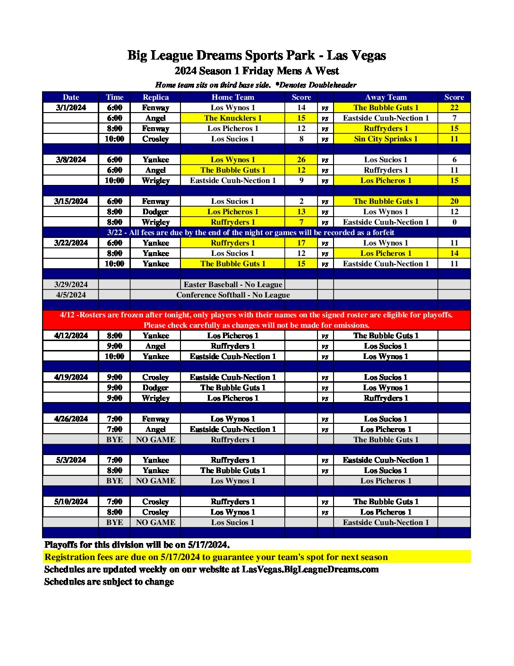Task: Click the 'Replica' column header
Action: [155, 97]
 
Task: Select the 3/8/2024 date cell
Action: [71, 159]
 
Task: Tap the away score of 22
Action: [454, 107]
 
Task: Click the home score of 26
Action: [301, 159]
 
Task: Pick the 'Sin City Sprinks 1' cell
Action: [385, 139]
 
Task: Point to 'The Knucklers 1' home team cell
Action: [232, 118]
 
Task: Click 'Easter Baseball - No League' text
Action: [233, 284]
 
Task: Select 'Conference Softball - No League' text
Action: [233, 295]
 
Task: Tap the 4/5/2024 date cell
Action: [71, 295]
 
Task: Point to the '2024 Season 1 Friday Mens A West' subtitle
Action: [257, 71]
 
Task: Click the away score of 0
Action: [454, 222]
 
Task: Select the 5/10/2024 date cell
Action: [71, 501]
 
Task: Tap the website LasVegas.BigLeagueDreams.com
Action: [310, 569]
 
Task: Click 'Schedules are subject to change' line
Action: [109, 581]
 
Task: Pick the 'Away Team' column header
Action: [385, 97]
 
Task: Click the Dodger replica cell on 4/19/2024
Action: [155, 387]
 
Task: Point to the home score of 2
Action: [301, 201]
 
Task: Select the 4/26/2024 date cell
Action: [71, 419]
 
